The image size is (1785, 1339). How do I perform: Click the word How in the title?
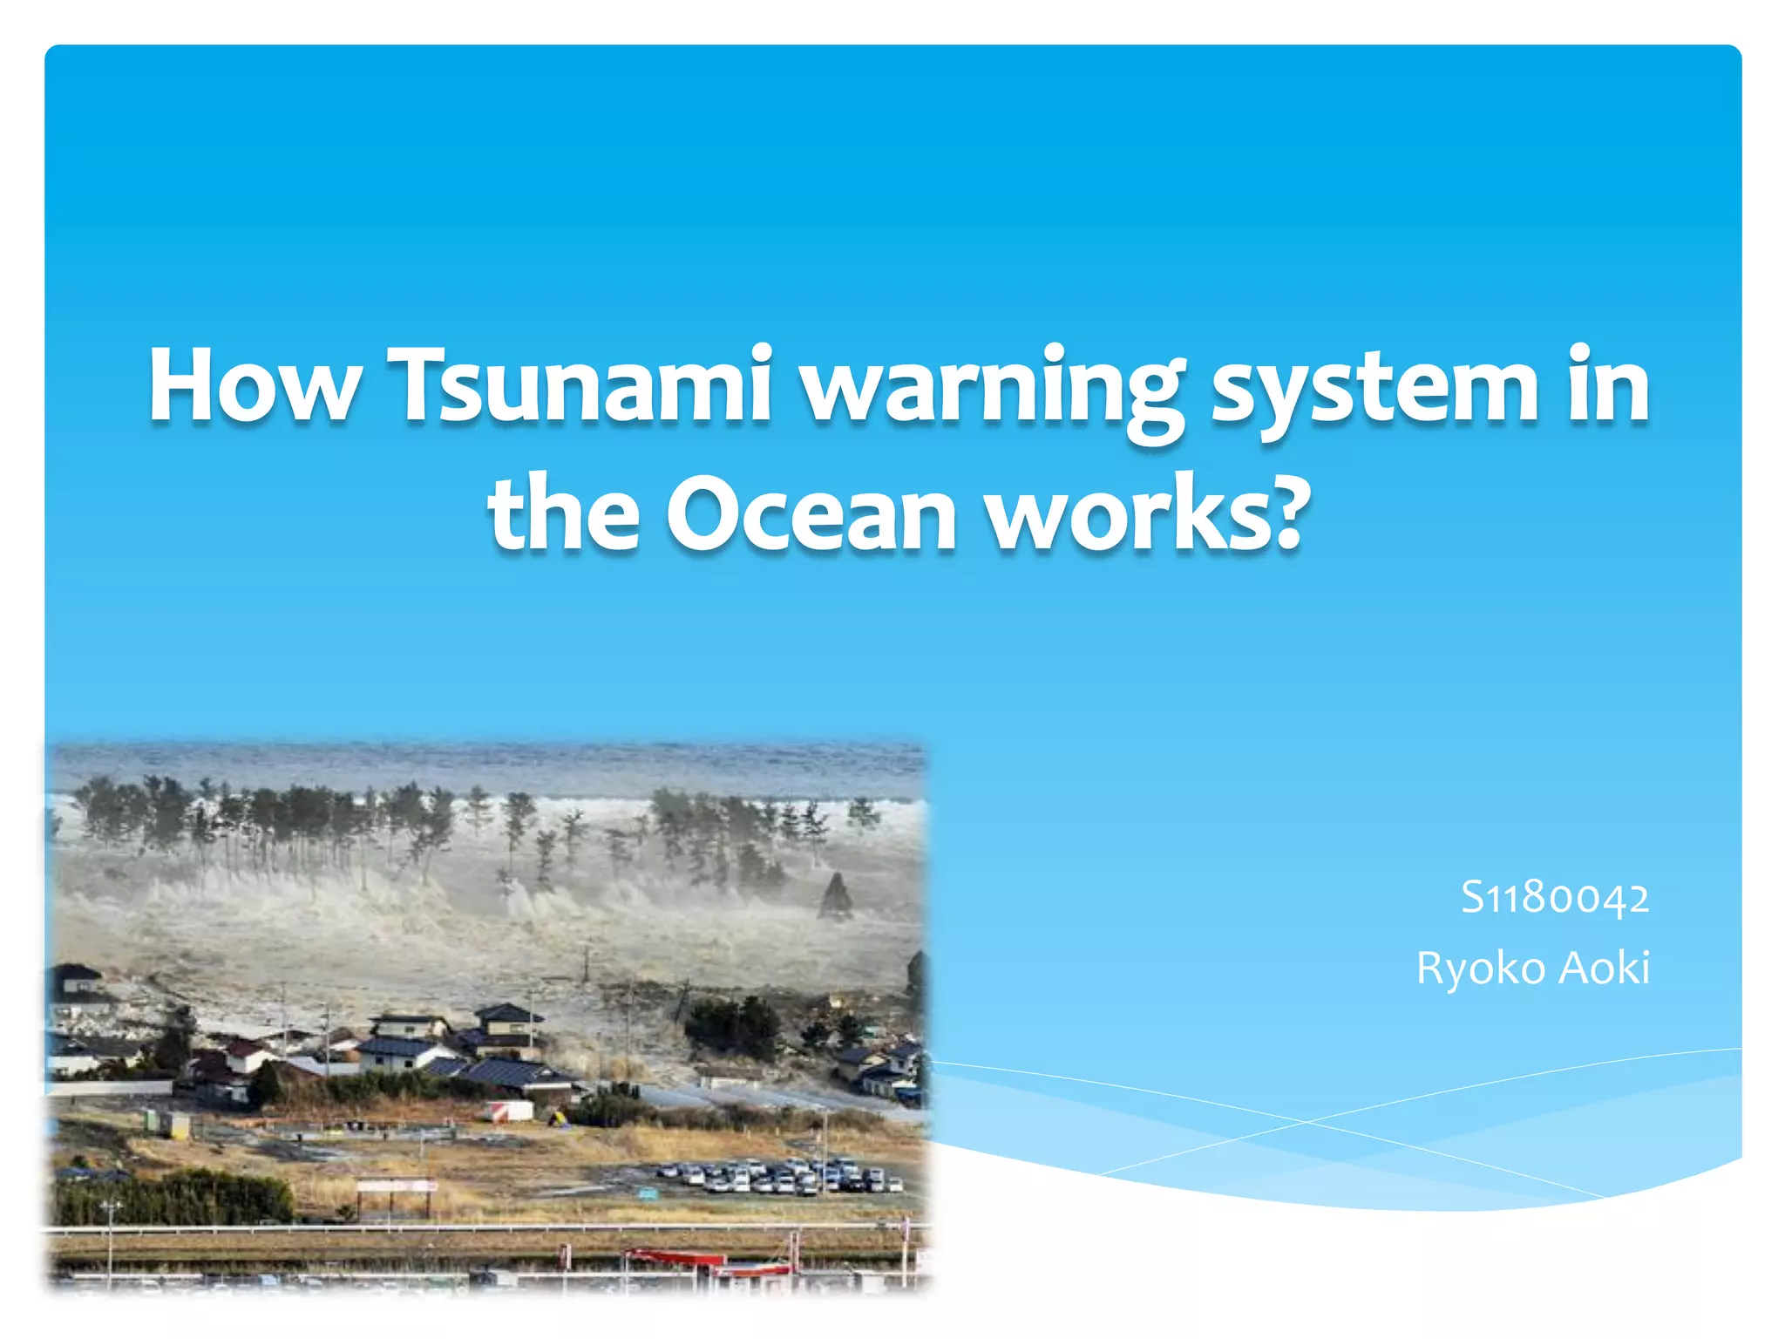[254, 386]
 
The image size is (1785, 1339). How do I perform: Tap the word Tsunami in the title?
[580, 386]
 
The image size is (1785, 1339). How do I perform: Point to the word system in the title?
[1375, 390]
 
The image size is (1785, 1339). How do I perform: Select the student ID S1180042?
[1554, 898]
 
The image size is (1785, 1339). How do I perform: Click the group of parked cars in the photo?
[780, 1175]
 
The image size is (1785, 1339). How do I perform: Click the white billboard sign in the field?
[396, 1186]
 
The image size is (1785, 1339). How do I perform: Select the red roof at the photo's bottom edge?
[675, 1257]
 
